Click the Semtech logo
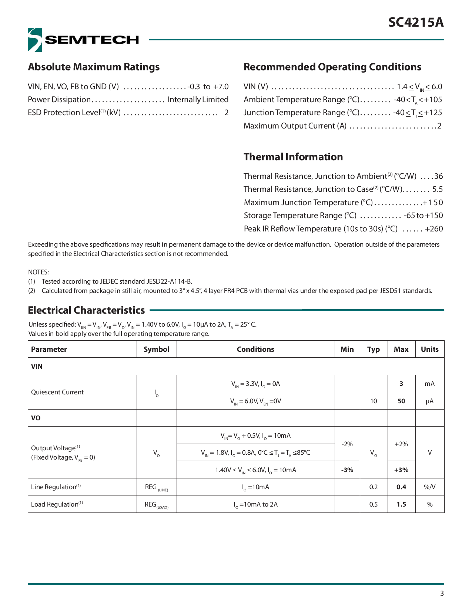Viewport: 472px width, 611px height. click(83, 40)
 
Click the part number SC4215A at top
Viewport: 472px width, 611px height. click(415, 23)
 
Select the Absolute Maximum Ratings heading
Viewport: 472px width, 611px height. click(94, 67)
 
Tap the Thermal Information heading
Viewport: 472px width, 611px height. click(293, 157)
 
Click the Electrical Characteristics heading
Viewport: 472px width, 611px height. click(86, 310)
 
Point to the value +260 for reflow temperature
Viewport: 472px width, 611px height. click(434, 229)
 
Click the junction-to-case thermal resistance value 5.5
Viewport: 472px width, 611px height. click(438, 189)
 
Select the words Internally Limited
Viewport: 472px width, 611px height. click(198, 100)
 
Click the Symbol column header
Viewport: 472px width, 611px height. click(156, 349)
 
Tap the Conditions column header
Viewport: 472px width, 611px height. click(255, 349)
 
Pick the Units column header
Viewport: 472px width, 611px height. click(429, 349)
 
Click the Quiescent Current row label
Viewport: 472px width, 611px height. click(57, 392)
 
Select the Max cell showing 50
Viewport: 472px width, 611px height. click(401, 401)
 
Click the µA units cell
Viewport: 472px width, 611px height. click(429, 401)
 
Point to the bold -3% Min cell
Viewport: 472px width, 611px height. click(347, 470)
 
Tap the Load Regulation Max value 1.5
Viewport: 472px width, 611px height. click(401, 504)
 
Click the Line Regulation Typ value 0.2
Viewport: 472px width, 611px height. click(374, 487)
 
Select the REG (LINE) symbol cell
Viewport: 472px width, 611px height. click(156, 487)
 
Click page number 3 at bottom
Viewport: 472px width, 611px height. click(442, 594)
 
